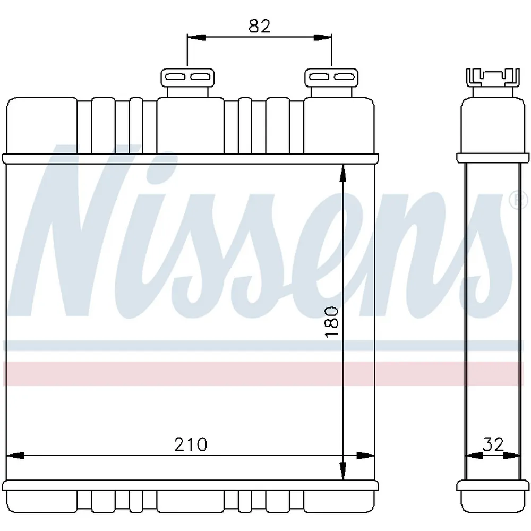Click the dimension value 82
[260, 26]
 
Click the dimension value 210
[190, 444]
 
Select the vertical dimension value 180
[331, 322]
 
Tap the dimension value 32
[493, 444]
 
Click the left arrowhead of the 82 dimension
[196, 37]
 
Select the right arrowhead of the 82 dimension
[322, 37]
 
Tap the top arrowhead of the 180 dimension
[343, 174]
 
